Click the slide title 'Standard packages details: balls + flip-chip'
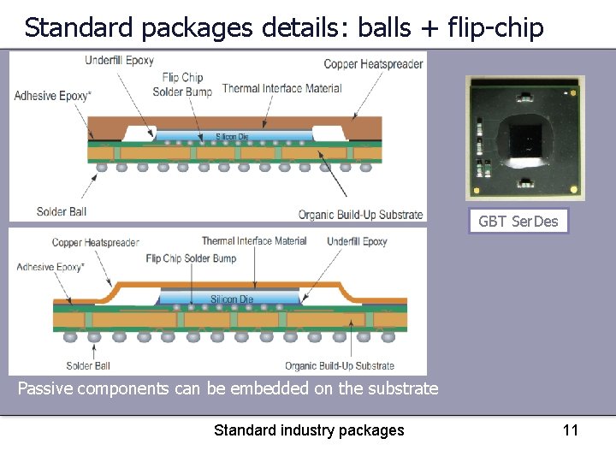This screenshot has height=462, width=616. (x=283, y=27)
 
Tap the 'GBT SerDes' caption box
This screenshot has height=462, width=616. (x=518, y=222)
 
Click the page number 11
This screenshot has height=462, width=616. (x=571, y=429)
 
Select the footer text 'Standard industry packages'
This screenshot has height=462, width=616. (x=308, y=429)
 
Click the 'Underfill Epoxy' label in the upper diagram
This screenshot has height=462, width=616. (x=120, y=61)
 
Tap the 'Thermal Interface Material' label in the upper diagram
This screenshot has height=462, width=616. (x=281, y=88)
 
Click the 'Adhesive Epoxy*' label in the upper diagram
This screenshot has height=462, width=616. (x=51, y=96)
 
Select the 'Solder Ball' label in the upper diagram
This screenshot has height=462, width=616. (x=62, y=211)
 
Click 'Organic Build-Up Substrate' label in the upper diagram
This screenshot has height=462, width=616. (x=360, y=215)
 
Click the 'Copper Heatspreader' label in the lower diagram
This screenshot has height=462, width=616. (x=95, y=242)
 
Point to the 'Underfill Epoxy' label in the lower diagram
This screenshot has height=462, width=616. (x=357, y=241)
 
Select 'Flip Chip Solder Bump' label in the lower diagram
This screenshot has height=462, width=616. (x=191, y=258)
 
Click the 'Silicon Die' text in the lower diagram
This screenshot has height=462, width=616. (x=232, y=299)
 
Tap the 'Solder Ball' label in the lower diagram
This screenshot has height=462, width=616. (x=88, y=366)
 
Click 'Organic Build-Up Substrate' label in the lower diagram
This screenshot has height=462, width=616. (x=340, y=366)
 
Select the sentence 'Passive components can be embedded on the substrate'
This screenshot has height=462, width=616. (x=228, y=388)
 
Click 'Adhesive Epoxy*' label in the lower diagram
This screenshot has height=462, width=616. (x=50, y=267)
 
